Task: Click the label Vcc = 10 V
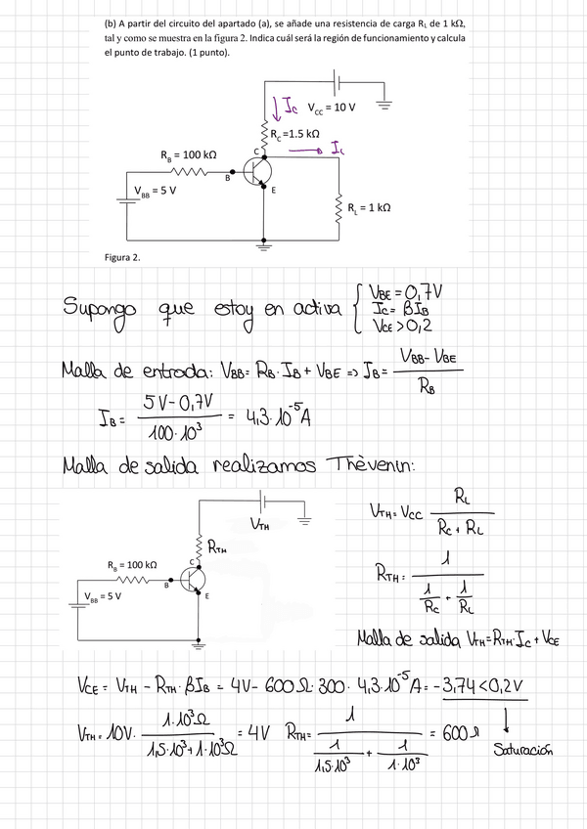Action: [331, 109]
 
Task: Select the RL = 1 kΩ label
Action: [369, 207]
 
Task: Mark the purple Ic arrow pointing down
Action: [276, 103]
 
